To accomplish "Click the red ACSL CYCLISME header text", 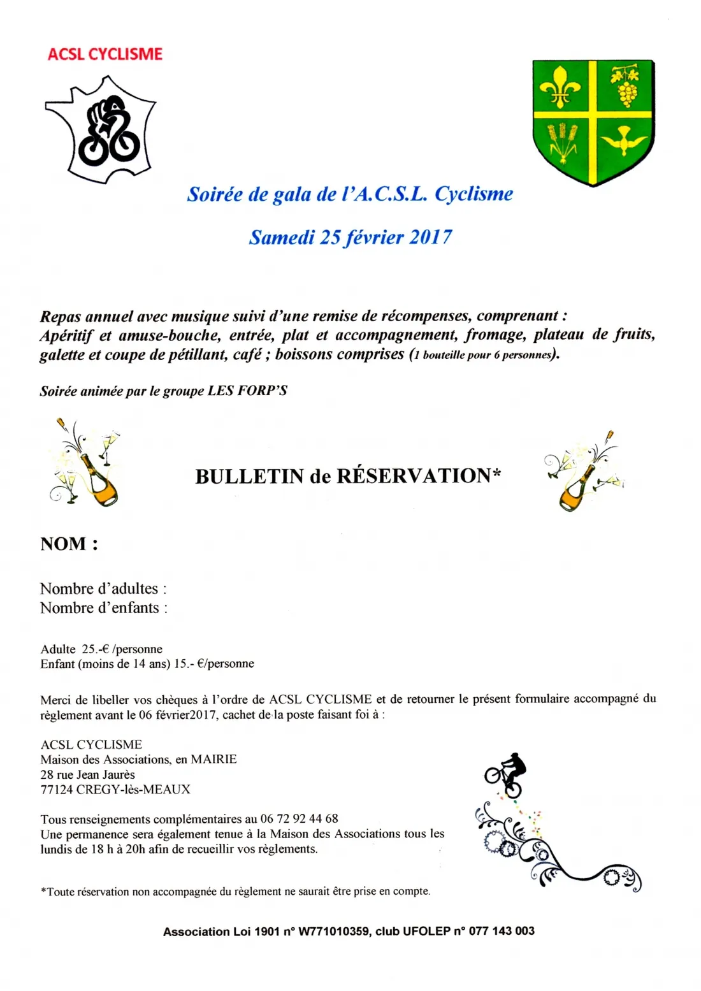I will [x=105, y=54].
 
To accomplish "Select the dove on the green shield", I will [x=621, y=140].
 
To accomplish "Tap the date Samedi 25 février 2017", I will [x=350, y=237].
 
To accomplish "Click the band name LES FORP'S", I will [x=247, y=391].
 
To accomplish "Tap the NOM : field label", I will [x=69, y=544].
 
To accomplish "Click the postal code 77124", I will [x=57, y=790].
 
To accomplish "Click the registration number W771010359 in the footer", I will [x=334, y=931].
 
